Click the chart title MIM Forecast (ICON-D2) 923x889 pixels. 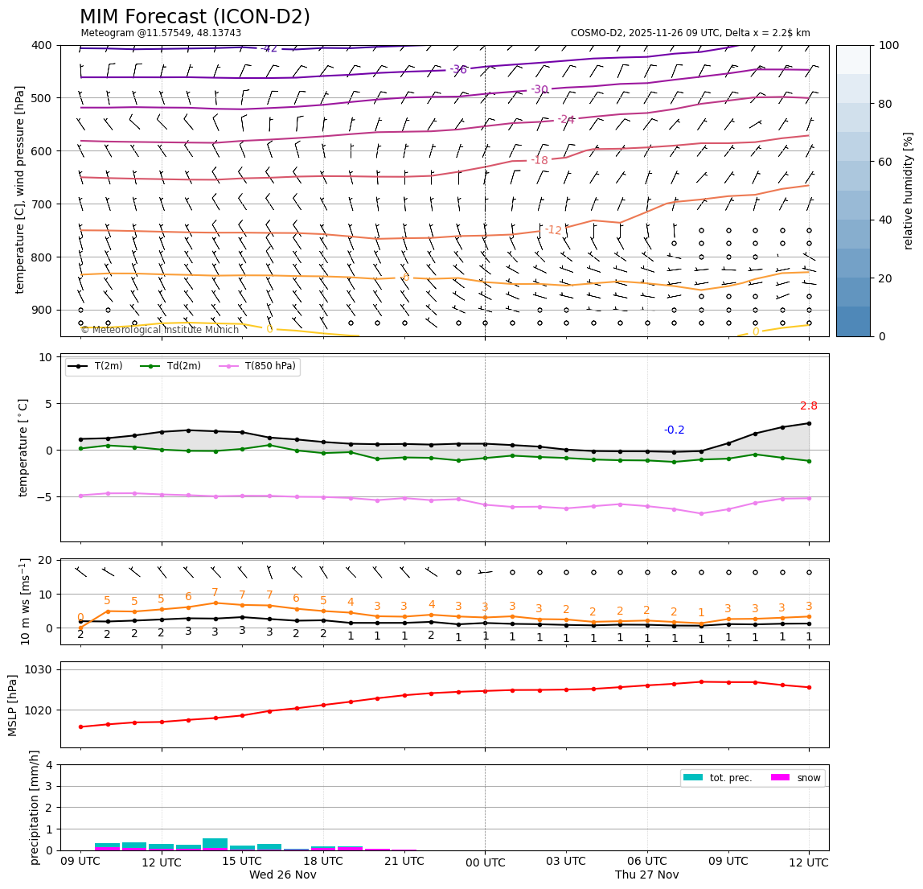point(195,17)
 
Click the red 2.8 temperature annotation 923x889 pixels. point(808,406)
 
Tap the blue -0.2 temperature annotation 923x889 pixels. point(674,430)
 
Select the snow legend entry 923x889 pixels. point(808,778)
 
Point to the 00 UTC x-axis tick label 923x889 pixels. point(485,862)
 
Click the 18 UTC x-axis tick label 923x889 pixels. point(323,862)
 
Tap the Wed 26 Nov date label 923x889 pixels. point(282,875)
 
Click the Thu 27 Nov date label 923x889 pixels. point(646,875)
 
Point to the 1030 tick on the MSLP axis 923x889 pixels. point(40,669)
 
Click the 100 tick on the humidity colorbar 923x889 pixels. point(888,46)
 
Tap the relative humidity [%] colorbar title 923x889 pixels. point(909,191)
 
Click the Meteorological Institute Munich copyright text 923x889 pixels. point(159,330)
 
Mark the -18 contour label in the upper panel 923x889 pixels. point(539,161)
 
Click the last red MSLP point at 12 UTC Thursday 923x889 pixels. point(808,687)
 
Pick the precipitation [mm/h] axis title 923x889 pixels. point(35,807)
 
